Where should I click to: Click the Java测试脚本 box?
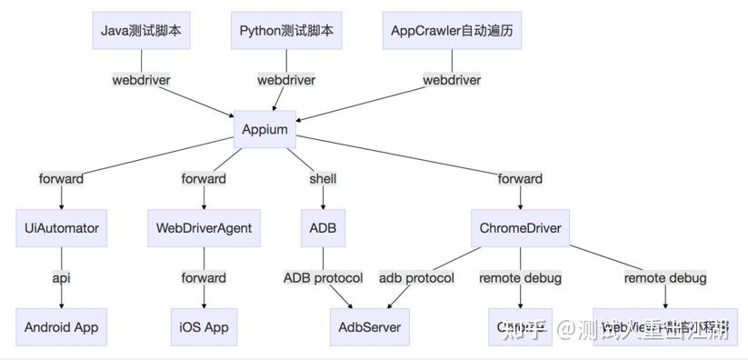(x=141, y=31)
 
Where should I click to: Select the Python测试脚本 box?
(x=286, y=31)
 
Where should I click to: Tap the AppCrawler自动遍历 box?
(x=453, y=31)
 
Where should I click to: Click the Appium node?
(x=265, y=129)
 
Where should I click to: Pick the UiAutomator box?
(x=62, y=228)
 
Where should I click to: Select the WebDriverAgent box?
(x=204, y=228)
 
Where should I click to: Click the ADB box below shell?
(x=323, y=228)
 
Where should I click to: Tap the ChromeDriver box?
(x=520, y=228)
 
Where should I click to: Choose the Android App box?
(x=62, y=326)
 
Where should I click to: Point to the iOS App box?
(x=204, y=326)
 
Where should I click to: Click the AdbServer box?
(x=369, y=326)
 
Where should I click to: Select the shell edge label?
(x=323, y=179)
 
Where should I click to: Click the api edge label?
(x=62, y=277)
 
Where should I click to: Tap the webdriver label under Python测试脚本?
(x=286, y=80)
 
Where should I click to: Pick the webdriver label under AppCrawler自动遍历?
(x=452, y=80)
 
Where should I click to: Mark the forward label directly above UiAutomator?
(x=62, y=179)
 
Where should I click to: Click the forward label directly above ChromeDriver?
(x=520, y=179)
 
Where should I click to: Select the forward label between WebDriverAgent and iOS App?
(x=204, y=277)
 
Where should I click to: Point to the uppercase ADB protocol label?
(x=323, y=277)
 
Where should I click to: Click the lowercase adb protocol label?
(x=416, y=277)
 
